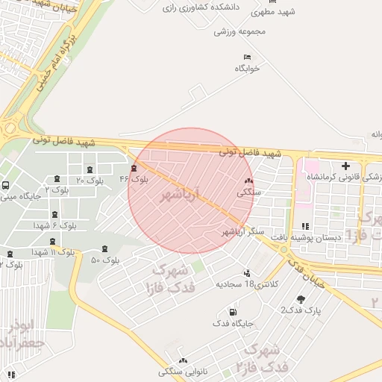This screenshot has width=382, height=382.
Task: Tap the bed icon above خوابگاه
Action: point(247,57)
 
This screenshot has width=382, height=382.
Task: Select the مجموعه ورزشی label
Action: point(240,31)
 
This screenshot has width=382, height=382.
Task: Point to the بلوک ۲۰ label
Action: point(90,181)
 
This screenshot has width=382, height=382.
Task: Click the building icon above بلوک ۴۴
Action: point(134,168)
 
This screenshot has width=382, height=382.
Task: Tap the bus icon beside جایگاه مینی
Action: point(6,186)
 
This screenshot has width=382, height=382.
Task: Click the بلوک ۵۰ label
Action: point(105,260)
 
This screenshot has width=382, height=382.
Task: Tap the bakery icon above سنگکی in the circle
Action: point(248,181)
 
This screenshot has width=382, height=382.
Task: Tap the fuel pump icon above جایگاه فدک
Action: point(234,312)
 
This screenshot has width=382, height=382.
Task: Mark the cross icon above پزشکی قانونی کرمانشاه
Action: point(345,166)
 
